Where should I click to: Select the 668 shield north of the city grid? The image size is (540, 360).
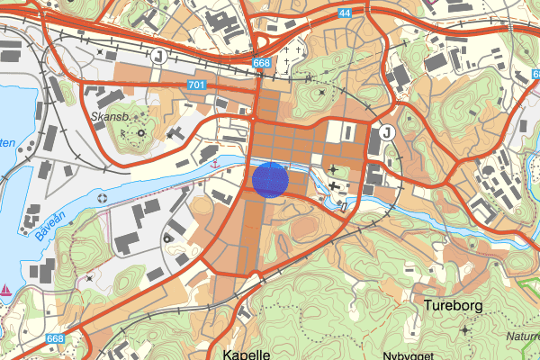pos(261,63)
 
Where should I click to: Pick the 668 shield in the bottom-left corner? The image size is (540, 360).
pos(56,338)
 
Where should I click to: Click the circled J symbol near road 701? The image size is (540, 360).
pos(159,56)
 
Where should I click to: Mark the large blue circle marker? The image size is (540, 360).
pos(269,178)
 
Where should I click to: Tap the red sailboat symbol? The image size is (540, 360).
pos(7,290)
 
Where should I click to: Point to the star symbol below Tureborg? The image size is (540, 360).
pos(464,331)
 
